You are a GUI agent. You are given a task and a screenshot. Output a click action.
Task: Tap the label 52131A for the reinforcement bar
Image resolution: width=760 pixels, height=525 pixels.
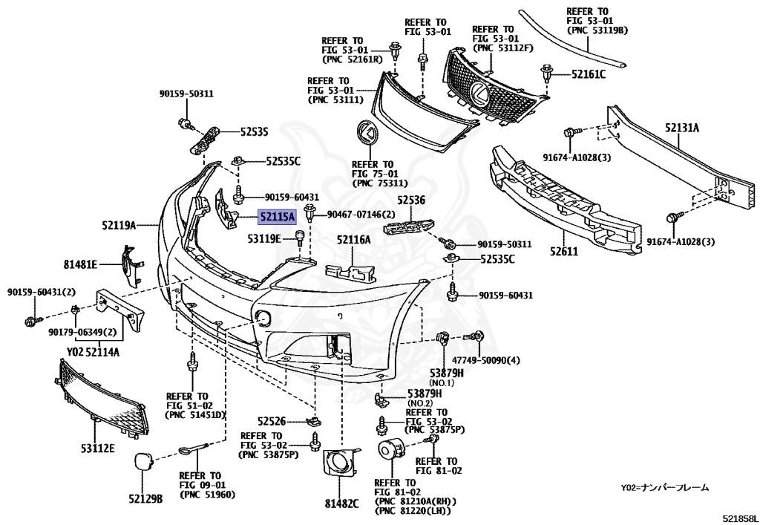[x=681, y=128]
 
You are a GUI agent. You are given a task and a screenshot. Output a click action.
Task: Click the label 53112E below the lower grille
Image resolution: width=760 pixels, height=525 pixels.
[x=98, y=448]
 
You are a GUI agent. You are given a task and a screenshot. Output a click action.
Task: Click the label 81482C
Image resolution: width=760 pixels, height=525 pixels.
[x=341, y=503]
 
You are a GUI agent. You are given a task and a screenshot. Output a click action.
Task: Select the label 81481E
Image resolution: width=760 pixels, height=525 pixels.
[x=80, y=264]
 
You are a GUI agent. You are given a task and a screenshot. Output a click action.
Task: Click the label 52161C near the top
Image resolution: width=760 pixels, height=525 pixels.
[x=588, y=74]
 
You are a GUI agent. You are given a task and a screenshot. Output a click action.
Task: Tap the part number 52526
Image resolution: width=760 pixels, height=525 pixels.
[x=272, y=420]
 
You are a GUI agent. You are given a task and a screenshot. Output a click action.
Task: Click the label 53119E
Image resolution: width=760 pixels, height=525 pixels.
[x=265, y=239]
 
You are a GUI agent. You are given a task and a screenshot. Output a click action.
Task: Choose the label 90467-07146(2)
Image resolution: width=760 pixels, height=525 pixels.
[x=361, y=214]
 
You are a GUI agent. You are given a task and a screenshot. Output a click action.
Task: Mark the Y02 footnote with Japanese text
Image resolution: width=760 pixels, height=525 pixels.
[x=665, y=488]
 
